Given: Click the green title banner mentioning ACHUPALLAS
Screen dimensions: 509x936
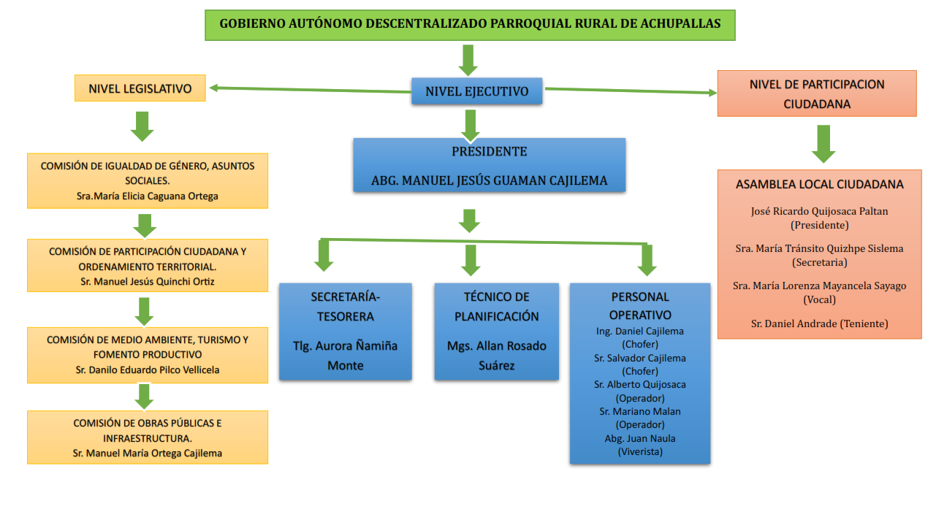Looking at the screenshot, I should coord(469,24).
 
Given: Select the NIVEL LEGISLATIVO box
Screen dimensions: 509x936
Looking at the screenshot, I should coord(140,88).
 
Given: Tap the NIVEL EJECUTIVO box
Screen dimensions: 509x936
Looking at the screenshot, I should coord(476,91).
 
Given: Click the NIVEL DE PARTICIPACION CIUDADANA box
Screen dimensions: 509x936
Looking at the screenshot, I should coord(816,93).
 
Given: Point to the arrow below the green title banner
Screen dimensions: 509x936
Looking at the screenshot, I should coord(468,58).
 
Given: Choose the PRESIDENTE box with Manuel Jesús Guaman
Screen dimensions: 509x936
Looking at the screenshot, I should coord(489,166).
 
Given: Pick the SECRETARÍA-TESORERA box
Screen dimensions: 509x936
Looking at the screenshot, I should coord(345,331).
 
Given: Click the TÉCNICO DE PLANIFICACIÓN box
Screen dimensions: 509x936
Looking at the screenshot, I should coord(496,331).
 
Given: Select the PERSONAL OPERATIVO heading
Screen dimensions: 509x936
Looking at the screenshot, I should coord(639,306).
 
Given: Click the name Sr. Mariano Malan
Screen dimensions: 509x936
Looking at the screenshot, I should coord(639,411).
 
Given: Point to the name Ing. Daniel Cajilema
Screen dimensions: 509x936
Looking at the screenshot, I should coord(639,331).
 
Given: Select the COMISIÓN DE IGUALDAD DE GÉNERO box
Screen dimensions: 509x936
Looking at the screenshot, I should coord(147,180).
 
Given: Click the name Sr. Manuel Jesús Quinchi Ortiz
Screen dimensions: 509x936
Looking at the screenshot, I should coord(147,281).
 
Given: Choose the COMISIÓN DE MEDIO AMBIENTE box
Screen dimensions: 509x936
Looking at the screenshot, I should coord(147,355).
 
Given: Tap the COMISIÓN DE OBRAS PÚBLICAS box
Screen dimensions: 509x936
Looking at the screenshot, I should coord(147,437).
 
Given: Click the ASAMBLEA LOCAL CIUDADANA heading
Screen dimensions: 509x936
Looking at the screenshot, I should coord(819,184).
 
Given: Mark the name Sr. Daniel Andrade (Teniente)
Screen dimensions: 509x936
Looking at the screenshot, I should coord(819,324).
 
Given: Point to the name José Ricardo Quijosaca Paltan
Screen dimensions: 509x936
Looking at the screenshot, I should coord(819,211).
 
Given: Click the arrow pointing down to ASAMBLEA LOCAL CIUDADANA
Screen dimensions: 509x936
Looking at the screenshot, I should coord(823,143).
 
